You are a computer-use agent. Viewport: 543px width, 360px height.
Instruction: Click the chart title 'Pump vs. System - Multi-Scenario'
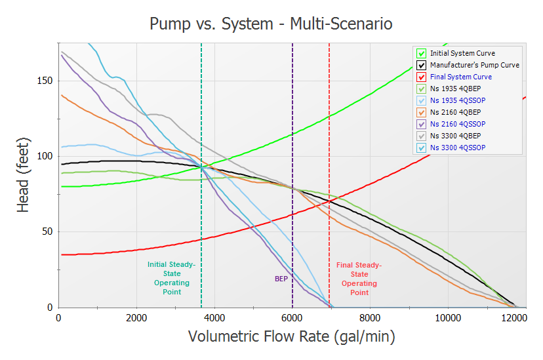(x=271, y=24)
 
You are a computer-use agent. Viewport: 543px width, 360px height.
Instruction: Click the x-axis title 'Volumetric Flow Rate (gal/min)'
(x=292, y=336)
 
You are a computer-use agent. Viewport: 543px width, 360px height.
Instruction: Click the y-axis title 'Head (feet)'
(x=23, y=175)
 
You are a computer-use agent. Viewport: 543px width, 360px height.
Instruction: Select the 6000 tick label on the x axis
(x=292, y=318)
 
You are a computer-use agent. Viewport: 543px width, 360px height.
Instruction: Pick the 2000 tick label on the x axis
(x=136, y=318)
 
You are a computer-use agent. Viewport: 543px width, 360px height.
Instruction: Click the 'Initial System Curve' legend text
(x=462, y=53)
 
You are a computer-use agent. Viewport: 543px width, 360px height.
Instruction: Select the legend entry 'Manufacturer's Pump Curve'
(x=474, y=65)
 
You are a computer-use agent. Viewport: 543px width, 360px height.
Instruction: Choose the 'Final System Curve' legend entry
(x=460, y=77)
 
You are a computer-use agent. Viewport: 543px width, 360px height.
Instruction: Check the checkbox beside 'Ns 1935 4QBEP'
(x=422, y=89)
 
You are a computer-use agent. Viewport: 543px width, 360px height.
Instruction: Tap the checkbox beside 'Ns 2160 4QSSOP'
(x=422, y=125)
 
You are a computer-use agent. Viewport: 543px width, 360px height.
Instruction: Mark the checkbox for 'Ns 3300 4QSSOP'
(x=422, y=148)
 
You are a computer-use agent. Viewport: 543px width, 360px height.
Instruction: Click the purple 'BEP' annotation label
(x=281, y=279)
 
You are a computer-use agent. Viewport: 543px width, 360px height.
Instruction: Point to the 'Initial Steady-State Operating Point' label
(x=172, y=278)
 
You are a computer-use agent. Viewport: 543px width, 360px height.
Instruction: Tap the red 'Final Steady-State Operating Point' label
(x=359, y=279)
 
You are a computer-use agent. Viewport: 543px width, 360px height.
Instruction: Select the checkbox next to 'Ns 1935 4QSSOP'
(x=422, y=101)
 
